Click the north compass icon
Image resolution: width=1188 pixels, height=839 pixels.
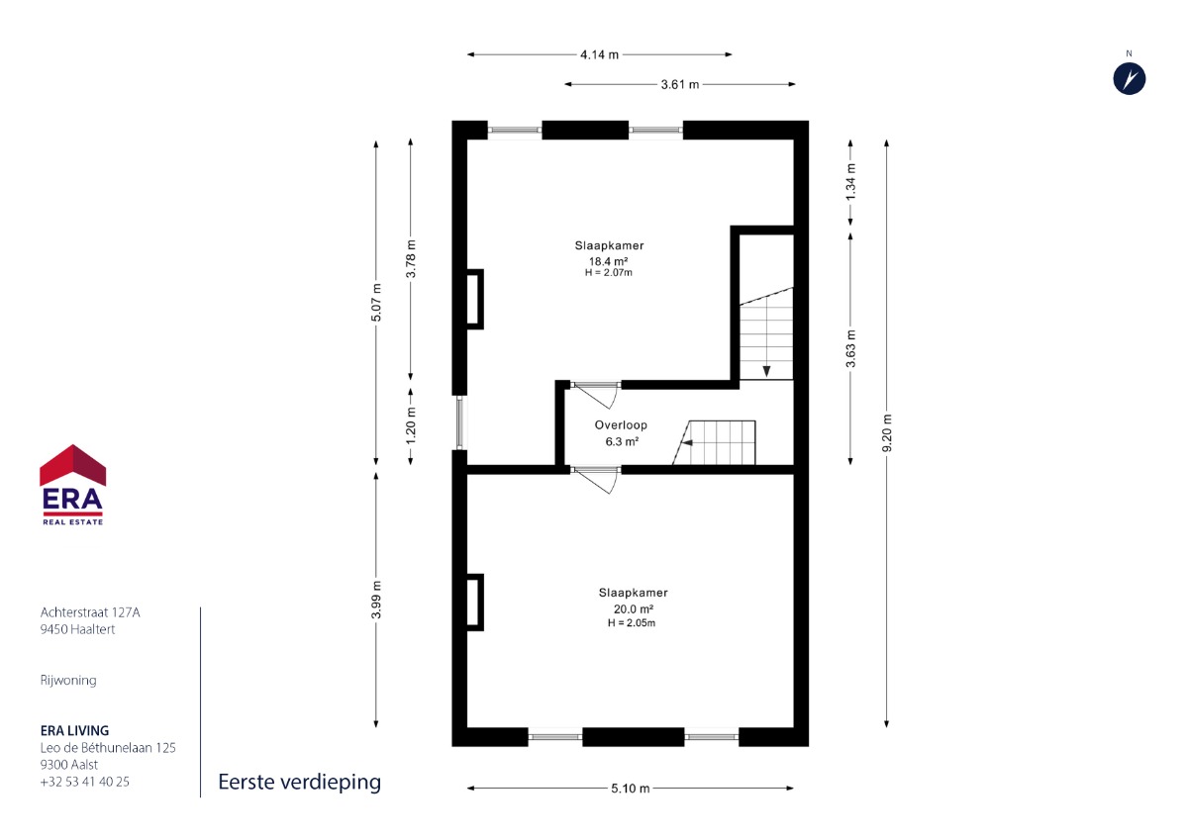(x=1130, y=79)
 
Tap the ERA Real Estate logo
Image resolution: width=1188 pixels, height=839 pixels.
(x=72, y=485)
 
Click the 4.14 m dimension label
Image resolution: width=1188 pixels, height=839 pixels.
(x=599, y=54)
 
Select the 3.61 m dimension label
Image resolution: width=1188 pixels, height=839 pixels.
(x=680, y=84)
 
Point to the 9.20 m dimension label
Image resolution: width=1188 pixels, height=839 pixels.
(x=887, y=433)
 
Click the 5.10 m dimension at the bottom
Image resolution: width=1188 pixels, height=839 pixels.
(x=630, y=789)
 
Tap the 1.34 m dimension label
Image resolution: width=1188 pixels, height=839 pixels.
(x=850, y=182)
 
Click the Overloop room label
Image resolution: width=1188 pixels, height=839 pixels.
(x=621, y=425)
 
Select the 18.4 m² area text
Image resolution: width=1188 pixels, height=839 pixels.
(x=608, y=261)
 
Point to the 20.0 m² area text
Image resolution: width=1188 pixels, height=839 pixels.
(x=634, y=609)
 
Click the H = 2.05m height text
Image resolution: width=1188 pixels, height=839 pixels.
(x=632, y=623)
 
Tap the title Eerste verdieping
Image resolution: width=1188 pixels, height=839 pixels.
(x=300, y=783)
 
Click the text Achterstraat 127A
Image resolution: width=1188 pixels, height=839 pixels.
(x=90, y=612)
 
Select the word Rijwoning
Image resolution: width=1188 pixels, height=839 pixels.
(x=68, y=681)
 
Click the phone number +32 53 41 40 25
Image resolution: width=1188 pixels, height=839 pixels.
(x=85, y=782)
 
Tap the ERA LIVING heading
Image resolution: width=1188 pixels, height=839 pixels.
(x=75, y=731)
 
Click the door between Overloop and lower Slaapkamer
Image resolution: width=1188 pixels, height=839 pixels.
(x=595, y=479)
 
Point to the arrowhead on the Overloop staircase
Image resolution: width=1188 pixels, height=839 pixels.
(x=687, y=443)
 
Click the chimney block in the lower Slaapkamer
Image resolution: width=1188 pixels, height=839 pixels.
(x=474, y=603)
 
